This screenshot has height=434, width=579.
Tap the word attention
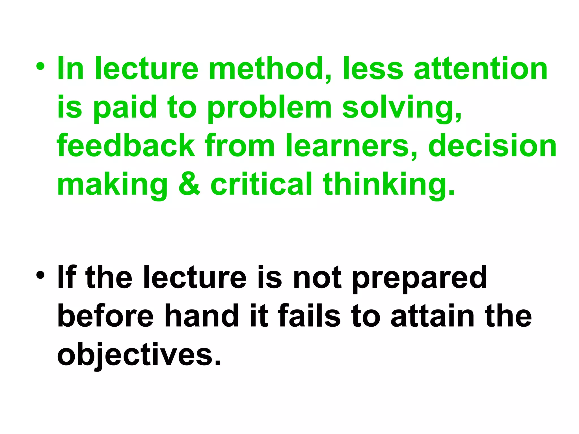pos(481,69)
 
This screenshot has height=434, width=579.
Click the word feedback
pos(126,146)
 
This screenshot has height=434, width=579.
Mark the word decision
pos(492,146)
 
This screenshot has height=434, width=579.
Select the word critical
pos(261,184)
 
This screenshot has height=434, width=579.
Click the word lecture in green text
pos(147,69)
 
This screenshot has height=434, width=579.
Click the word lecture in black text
pos(195,277)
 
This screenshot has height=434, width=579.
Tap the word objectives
pos(139,355)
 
